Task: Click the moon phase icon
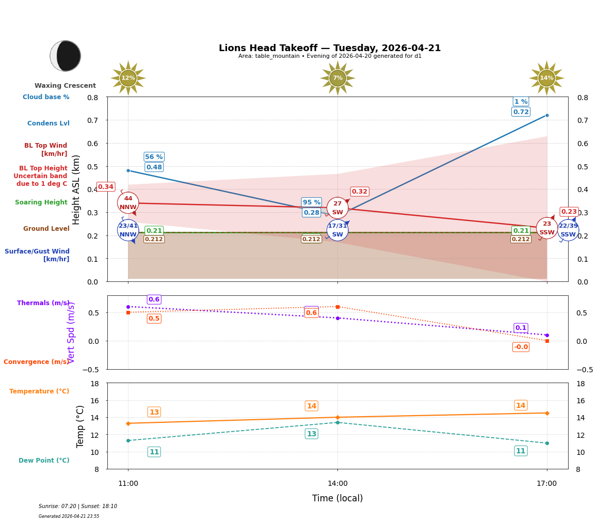coord(66,56)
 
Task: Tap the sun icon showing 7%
coord(337,78)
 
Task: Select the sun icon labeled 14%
coord(546,78)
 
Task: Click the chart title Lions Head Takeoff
coord(330,48)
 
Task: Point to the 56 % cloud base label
coord(154,157)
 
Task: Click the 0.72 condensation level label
coord(521,112)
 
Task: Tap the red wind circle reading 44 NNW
coord(128,203)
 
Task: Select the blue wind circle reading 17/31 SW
coord(337,230)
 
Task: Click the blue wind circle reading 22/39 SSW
coord(568,230)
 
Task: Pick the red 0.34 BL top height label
coord(106,187)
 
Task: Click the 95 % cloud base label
coord(312,202)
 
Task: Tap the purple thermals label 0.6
coord(154,299)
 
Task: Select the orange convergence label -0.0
coord(521,347)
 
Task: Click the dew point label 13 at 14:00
coord(312,434)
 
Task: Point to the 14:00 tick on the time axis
coord(337,484)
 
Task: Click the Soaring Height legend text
coord(41,202)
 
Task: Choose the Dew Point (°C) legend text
coord(44,461)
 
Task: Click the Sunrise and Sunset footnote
coord(78,507)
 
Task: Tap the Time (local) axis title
coord(337,498)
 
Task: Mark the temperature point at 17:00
coord(546,413)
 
